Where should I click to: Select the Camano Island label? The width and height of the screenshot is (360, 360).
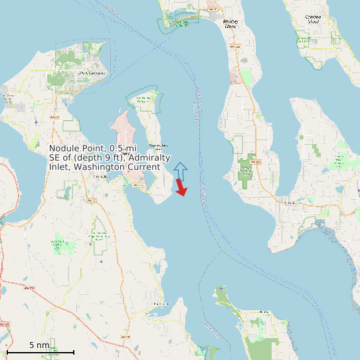[x=313, y=19]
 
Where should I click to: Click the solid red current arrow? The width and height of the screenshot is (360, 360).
[x=180, y=188]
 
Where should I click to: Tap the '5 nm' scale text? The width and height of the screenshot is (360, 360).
[x=39, y=345]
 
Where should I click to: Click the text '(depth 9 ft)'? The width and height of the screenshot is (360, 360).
[x=98, y=157]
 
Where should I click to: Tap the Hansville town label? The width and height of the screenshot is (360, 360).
[x=264, y=311]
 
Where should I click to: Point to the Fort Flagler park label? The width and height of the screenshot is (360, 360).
[x=143, y=100]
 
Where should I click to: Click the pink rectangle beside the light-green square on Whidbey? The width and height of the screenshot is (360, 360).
[x=235, y=77]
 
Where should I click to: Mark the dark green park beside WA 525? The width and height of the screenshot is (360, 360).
[x=246, y=170]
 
